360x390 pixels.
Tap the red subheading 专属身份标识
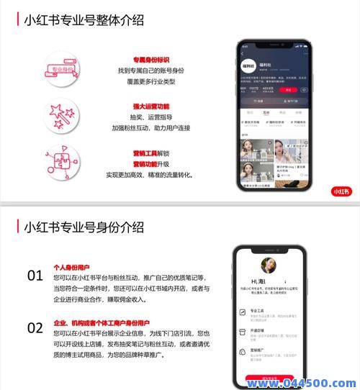150,60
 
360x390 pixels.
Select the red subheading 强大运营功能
150,106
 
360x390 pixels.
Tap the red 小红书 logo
341,191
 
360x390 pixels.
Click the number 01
35,275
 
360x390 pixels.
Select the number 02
35,327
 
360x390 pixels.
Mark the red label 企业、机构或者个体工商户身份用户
102,322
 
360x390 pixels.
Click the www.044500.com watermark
302,382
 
